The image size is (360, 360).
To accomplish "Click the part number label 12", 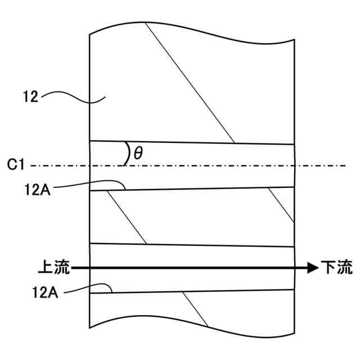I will (x=30, y=97).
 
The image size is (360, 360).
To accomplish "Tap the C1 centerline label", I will (x=16, y=165).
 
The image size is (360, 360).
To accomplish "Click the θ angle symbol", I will (x=138, y=153).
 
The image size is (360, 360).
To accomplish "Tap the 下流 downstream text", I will (x=336, y=268).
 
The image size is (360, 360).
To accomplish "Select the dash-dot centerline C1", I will (x=225, y=165).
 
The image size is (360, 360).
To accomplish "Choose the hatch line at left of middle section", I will (x=127, y=217).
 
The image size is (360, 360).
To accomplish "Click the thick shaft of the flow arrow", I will (x=186, y=269).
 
